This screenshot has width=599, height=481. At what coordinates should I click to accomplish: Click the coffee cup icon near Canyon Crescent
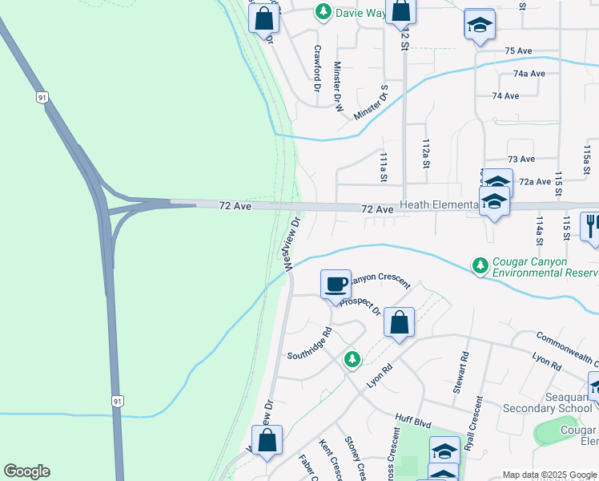point(336,283)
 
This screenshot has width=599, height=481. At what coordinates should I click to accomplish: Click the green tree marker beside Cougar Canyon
point(480,264)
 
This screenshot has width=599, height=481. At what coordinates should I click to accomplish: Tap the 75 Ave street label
point(519,51)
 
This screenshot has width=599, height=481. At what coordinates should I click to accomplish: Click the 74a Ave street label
point(529,73)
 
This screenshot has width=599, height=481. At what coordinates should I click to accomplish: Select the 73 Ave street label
point(521,160)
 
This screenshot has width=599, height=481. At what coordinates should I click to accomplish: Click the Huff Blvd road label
point(413,418)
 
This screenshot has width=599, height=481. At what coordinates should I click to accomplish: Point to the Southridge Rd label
point(309,343)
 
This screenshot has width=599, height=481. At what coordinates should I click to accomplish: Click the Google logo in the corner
point(26,471)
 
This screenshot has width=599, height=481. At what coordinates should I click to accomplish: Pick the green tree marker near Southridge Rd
point(352,360)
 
